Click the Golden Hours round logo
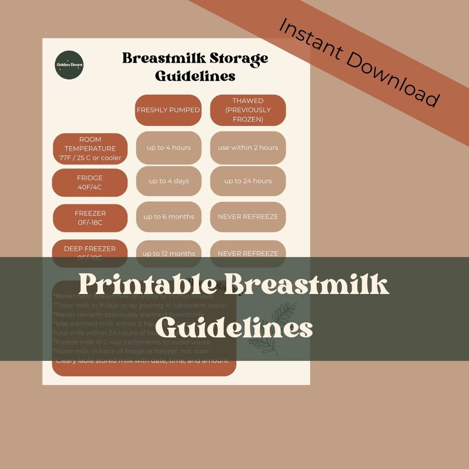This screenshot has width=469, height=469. (x=69, y=65)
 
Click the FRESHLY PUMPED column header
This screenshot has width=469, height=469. (x=168, y=110)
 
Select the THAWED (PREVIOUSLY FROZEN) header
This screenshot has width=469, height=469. (x=248, y=110)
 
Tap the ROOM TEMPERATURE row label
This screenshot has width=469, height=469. (x=90, y=149)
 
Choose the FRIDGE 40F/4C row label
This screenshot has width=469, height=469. (x=90, y=182)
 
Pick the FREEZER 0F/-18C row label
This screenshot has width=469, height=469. (x=90, y=218)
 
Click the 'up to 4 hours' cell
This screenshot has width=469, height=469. (x=168, y=148)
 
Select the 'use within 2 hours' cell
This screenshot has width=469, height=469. (x=248, y=148)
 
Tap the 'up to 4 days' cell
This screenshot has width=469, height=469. (x=168, y=181)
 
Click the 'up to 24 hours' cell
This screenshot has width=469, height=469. (x=248, y=181)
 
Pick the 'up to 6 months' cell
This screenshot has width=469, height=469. (x=168, y=217)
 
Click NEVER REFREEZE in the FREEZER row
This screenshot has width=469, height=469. (x=248, y=217)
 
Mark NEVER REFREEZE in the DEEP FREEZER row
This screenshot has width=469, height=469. (x=248, y=252)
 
